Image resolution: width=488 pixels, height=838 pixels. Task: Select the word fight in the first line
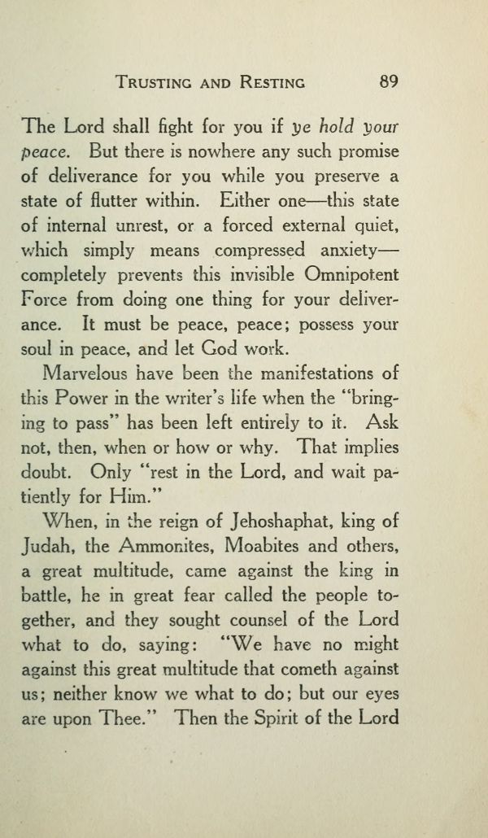159,127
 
